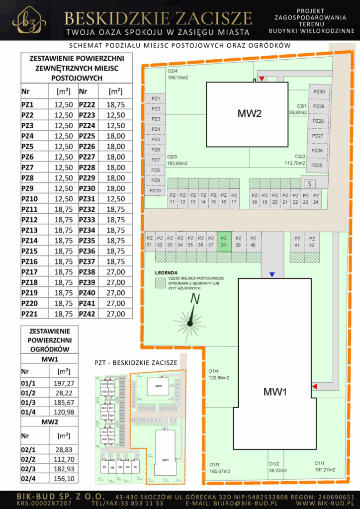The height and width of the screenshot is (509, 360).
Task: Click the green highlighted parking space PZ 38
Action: (224, 242)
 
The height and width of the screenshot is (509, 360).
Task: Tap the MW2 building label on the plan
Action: (249, 114)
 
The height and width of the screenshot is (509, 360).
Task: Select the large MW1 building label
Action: (275, 392)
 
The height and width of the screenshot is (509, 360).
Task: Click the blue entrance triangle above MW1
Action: (271, 274)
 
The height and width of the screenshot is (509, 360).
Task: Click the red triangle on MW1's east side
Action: (314, 386)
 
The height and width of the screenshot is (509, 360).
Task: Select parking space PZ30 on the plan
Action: (319, 91)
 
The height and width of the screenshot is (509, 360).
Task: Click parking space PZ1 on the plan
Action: (155, 98)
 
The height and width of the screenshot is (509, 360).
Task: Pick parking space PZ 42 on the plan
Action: (312, 242)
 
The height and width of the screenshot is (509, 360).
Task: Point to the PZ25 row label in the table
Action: (87, 136)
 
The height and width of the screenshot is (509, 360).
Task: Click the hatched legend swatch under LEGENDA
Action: (160, 282)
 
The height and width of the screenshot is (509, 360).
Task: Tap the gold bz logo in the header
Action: (29, 19)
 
